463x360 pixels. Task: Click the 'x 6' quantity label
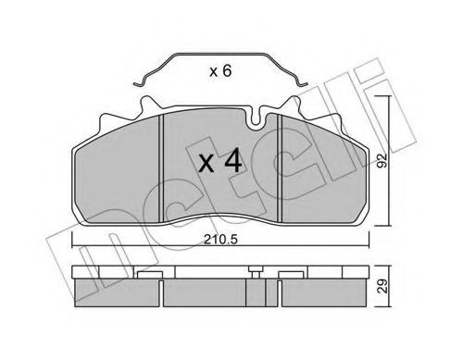coord(218,70)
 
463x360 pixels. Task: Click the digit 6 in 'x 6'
coord(228,70)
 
